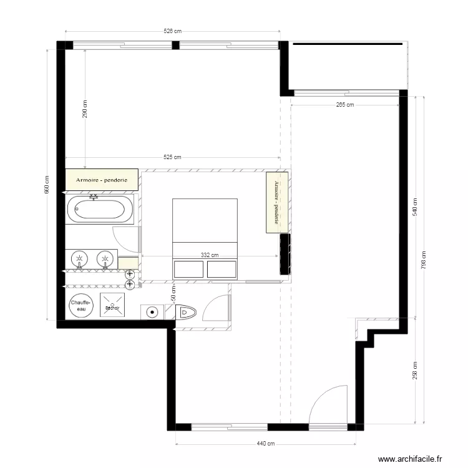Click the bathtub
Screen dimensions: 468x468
coord(100,209)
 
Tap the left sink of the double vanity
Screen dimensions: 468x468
coord(80,258)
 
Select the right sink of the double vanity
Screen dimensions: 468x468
coord(105,258)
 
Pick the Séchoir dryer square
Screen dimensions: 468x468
coord(113,306)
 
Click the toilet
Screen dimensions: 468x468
coord(187,312)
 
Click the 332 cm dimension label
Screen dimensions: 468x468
coord(210,255)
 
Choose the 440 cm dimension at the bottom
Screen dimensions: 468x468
coord(266,444)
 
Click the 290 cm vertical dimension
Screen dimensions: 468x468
coord(85,109)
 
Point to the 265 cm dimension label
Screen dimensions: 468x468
coord(344,105)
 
